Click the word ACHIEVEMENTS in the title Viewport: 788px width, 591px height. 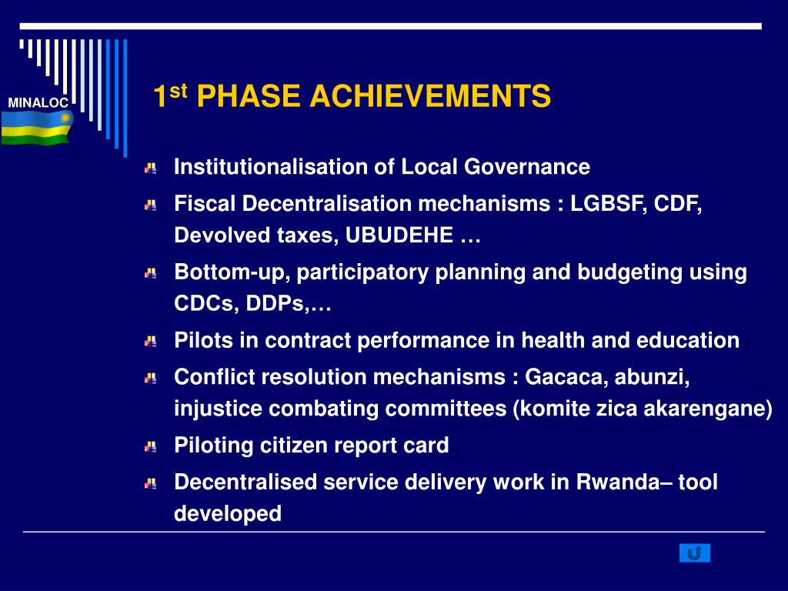click(x=430, y=96)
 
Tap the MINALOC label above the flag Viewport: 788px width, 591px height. click(x=38, y=102)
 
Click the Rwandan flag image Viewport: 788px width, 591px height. click(x=37, y=129)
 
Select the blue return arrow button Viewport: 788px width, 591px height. click(x=695, y=553)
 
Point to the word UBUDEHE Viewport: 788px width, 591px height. click(x=399, y=235)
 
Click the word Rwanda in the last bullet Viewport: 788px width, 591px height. click(x=618, y=482)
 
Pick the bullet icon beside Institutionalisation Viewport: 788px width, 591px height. click(x=151, y=168)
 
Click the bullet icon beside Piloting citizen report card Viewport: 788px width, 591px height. click(x=151, y=446)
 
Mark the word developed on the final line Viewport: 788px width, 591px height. click(x=228, y=513)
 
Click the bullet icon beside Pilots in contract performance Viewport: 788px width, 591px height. click(x=151, y=342)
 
